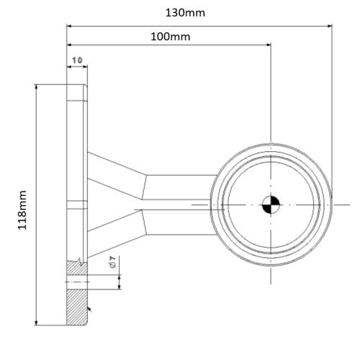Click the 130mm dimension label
(x=185, y=13)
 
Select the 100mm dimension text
(x=171, y=36)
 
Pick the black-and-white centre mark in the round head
(x=271, y=205)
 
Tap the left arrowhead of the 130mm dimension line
(x=71, y=26)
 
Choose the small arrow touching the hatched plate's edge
(x=90, y=310)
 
